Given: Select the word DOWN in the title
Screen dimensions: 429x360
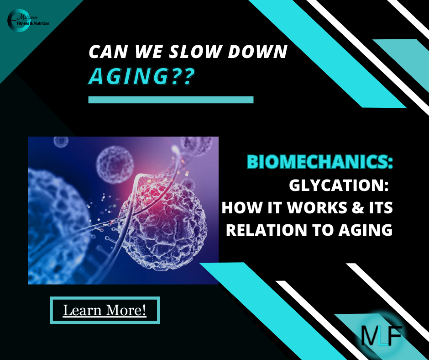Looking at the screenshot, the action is click(258, 51).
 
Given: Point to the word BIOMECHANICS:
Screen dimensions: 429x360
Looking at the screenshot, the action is click(319, 162).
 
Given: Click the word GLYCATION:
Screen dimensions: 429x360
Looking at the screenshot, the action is click(339, 185).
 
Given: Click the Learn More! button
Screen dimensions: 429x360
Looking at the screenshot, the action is click(105, 310).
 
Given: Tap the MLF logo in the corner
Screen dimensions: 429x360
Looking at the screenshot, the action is click(382, 335).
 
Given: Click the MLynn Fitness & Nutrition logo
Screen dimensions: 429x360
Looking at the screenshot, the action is click(28, 20).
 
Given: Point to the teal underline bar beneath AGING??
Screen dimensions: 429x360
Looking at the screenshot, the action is click(171, 100).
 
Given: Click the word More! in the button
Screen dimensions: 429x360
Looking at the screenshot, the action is click(126, 310).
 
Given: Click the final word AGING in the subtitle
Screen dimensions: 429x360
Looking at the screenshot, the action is click(365, 230).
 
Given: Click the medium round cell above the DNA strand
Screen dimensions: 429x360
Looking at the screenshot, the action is click(115, 164).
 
